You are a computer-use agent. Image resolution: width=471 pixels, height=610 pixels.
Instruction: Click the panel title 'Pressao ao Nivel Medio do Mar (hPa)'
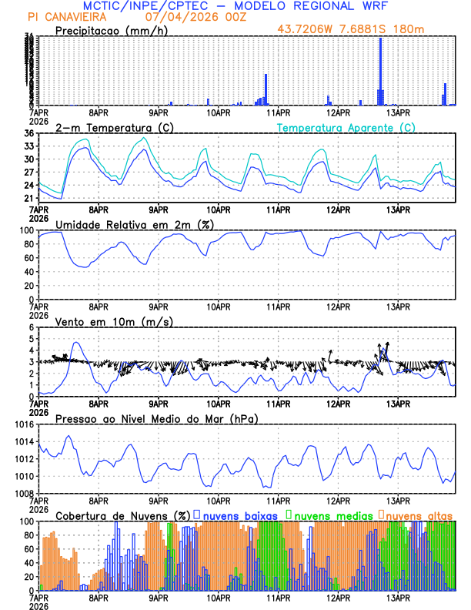coord(157,418)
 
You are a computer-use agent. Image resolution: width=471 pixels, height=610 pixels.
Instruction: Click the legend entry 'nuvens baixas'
coord(239,514)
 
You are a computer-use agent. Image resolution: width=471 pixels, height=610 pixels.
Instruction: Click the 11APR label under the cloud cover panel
coord(278,598)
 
